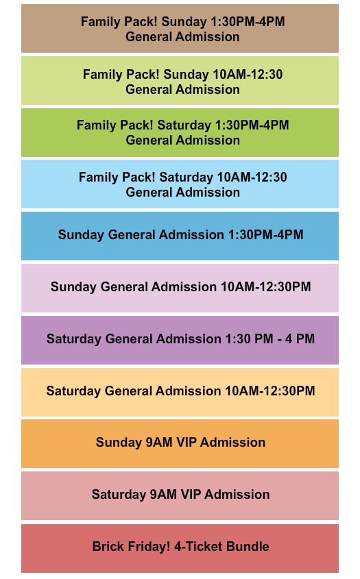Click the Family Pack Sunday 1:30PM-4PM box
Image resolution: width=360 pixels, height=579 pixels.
pyautogui.click(x=180, y=29)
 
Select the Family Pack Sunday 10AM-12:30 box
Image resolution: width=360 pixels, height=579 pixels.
pyautogui.click(x=180, y=81)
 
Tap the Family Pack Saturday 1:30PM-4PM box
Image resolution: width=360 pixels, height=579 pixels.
pyautogui.click(x=180, y=133)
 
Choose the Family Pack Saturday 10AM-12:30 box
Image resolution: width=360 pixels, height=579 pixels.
pyautogui.click(x=180, y=185)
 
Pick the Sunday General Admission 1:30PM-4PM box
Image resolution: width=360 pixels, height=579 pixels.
pyautogui.click(x=180, y=236)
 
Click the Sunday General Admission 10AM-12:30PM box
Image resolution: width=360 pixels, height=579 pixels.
pyautogui.click(x=180, y=288)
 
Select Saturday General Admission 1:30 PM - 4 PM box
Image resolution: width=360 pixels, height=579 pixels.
pyautogui.click(x=180, y=340)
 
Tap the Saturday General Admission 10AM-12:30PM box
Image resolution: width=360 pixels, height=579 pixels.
pyautogui.click(x=180, y=392)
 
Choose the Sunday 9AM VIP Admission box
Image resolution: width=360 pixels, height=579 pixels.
pyautogui.click(x=180, y=443)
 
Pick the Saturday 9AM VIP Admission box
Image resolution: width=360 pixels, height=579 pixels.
pyautogui.click(x=180, y=495)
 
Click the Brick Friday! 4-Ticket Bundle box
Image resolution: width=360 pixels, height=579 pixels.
pyautogui.click(x=180, y=547)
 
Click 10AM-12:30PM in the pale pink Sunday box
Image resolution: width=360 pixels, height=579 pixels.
pyautogui.click(x=265, y=287)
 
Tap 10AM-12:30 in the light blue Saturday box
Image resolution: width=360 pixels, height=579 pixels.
pyautogui.click(x=250, y=178)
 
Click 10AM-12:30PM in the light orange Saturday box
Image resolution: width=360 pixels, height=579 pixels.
pyautogui.click(x=270, y=391)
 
